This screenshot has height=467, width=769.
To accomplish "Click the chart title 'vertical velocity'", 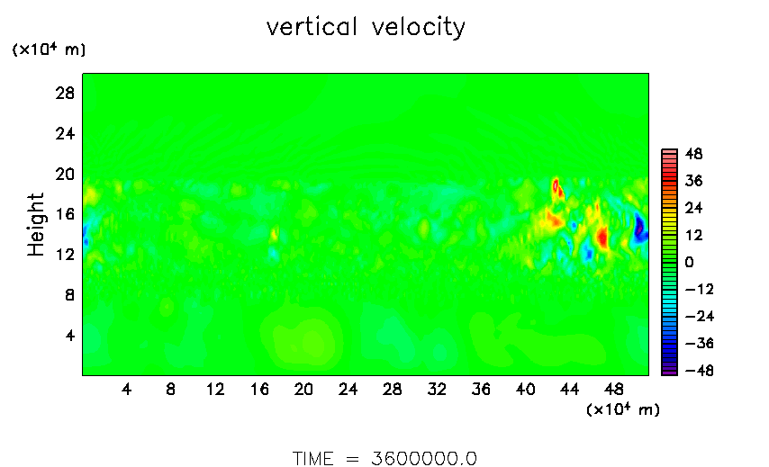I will pos(366,28).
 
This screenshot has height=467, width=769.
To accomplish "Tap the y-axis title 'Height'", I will pos(36,224).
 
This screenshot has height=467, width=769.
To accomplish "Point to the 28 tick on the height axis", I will pos(64,93).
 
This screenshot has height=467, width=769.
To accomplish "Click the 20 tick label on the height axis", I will pos(64,174).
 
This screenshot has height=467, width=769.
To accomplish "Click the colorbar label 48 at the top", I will pos(693,154).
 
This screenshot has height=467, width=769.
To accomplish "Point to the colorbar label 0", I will pos(688,262).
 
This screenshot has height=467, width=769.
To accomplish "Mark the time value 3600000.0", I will pos(423,458).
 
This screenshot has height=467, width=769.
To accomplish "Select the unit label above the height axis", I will pos(49,50).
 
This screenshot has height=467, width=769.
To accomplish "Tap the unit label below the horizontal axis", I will pos(622,410).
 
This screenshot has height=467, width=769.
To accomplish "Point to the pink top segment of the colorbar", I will pos(669,153).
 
